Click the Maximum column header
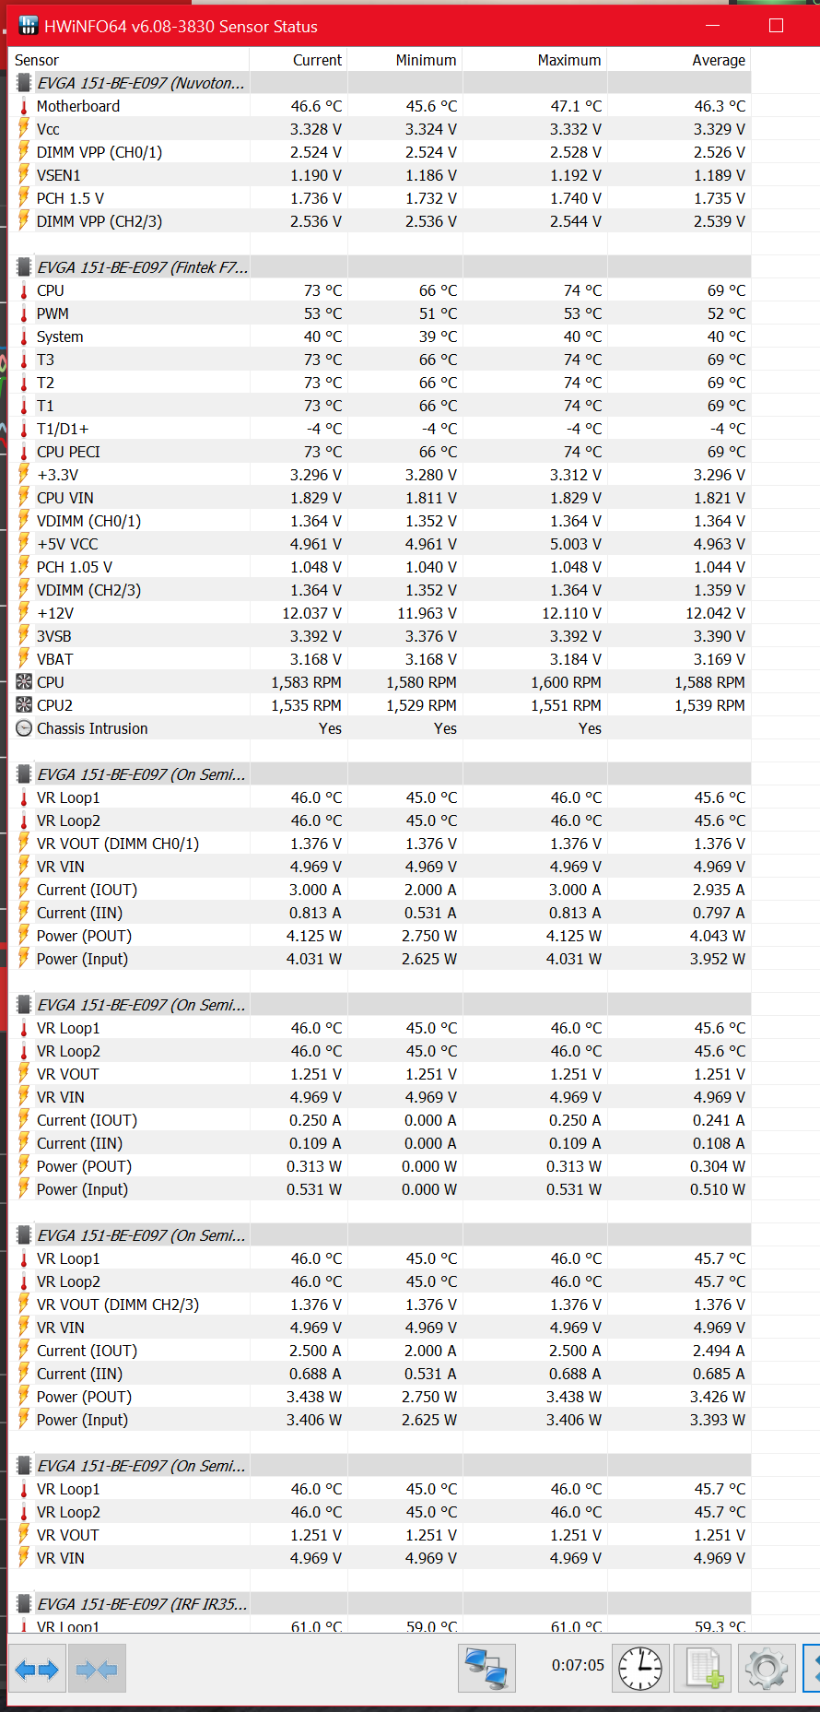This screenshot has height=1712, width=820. tap(568, 60)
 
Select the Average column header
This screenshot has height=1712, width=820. tap(718, 60)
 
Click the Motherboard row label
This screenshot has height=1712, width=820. tap(78, 106)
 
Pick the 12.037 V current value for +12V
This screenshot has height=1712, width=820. tap(311, 613)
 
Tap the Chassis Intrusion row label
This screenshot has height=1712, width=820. tap(92, 728)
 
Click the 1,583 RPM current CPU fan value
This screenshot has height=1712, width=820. tap(306, 682)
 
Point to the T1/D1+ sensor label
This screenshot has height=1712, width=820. tap(63, 429)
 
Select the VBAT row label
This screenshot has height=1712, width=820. tap(55, 659)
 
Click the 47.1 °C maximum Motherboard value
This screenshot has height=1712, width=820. tap(576, 106)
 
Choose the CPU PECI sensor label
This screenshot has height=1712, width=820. tap(68, 452)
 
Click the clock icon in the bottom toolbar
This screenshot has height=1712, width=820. tap(640, 1669)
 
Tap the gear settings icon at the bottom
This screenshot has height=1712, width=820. tap(767, 1669)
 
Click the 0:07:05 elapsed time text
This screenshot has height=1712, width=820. tap(578, 1665)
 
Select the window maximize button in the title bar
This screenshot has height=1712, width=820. tap(776, 26)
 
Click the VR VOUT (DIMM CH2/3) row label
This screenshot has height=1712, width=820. tap(118, 1305)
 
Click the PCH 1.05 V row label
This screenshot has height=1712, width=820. tap(75, 567)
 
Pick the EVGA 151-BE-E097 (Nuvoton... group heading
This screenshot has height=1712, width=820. tap(141, 83)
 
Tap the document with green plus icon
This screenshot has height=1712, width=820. tap(704, 1669)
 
